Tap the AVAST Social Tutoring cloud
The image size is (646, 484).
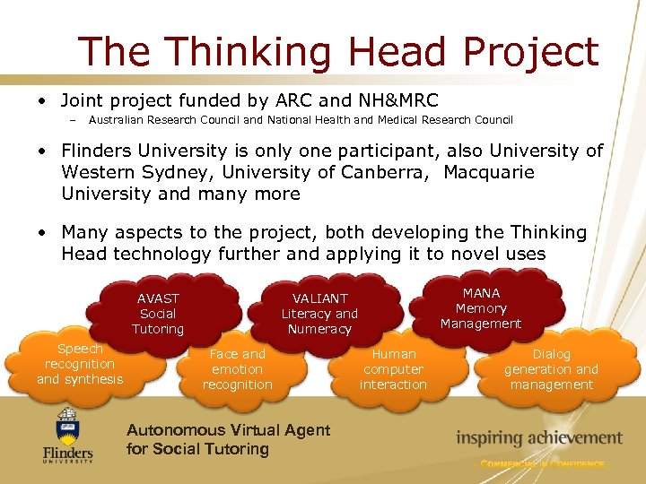158,313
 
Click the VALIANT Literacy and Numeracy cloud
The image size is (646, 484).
319,313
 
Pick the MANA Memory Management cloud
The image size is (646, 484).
481,307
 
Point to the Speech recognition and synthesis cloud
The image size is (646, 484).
80,364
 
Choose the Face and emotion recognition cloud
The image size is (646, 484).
237,368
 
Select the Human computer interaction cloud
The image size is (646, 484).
393,368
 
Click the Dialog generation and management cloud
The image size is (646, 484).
551,368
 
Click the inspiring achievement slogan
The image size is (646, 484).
538,438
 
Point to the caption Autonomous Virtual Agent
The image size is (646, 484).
228,430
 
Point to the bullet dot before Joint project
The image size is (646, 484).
42,99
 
